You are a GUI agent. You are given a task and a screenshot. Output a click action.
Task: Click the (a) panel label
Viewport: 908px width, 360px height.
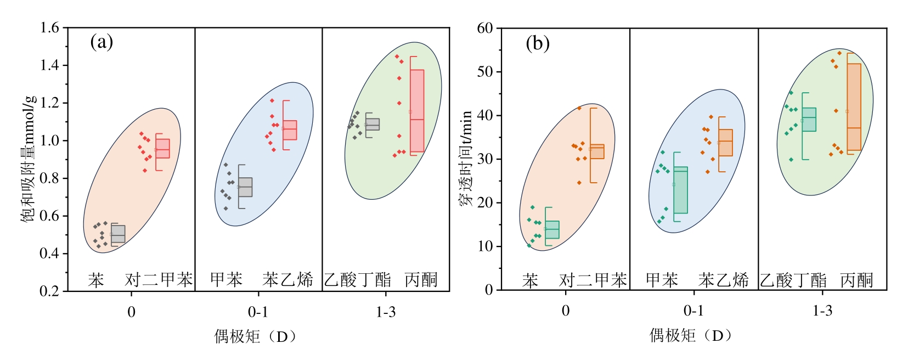pos(101,42)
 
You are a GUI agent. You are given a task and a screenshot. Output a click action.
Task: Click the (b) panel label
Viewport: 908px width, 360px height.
pos(537,43)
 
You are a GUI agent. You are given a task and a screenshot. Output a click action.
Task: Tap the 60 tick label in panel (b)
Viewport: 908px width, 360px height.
pos(485,28)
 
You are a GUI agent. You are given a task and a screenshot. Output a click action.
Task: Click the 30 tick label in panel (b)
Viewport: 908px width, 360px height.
pos(485,159)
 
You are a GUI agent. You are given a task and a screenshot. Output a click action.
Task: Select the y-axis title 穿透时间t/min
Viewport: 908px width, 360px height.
pos(465,159)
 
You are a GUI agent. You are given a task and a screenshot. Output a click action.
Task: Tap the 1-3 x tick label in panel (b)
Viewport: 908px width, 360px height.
pos(822,311)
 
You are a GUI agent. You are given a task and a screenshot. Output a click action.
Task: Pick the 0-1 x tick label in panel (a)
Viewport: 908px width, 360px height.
pos(258,312)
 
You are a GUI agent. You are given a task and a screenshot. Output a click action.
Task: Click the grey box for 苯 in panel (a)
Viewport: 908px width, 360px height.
pos(118,234)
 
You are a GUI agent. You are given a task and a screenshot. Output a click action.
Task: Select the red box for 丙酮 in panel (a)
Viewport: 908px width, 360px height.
pos(417,111)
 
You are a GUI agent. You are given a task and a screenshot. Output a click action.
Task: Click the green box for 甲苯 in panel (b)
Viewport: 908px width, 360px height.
pos(680,190)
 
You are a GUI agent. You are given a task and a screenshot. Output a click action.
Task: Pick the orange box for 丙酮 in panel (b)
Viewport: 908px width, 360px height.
pos(854,107)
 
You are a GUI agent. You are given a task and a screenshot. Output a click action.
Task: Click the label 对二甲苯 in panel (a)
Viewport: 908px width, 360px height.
pos(159,280)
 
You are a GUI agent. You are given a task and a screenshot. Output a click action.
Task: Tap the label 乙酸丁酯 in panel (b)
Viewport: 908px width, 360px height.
pos(793,280)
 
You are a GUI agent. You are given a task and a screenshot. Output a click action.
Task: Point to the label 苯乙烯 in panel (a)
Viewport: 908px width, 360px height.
pos(287,280)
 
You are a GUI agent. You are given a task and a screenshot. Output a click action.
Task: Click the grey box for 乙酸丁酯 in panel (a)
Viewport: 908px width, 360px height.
pos(373,124)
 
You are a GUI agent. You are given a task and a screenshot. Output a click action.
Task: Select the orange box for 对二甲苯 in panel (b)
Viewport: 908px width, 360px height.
pos(597,151)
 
